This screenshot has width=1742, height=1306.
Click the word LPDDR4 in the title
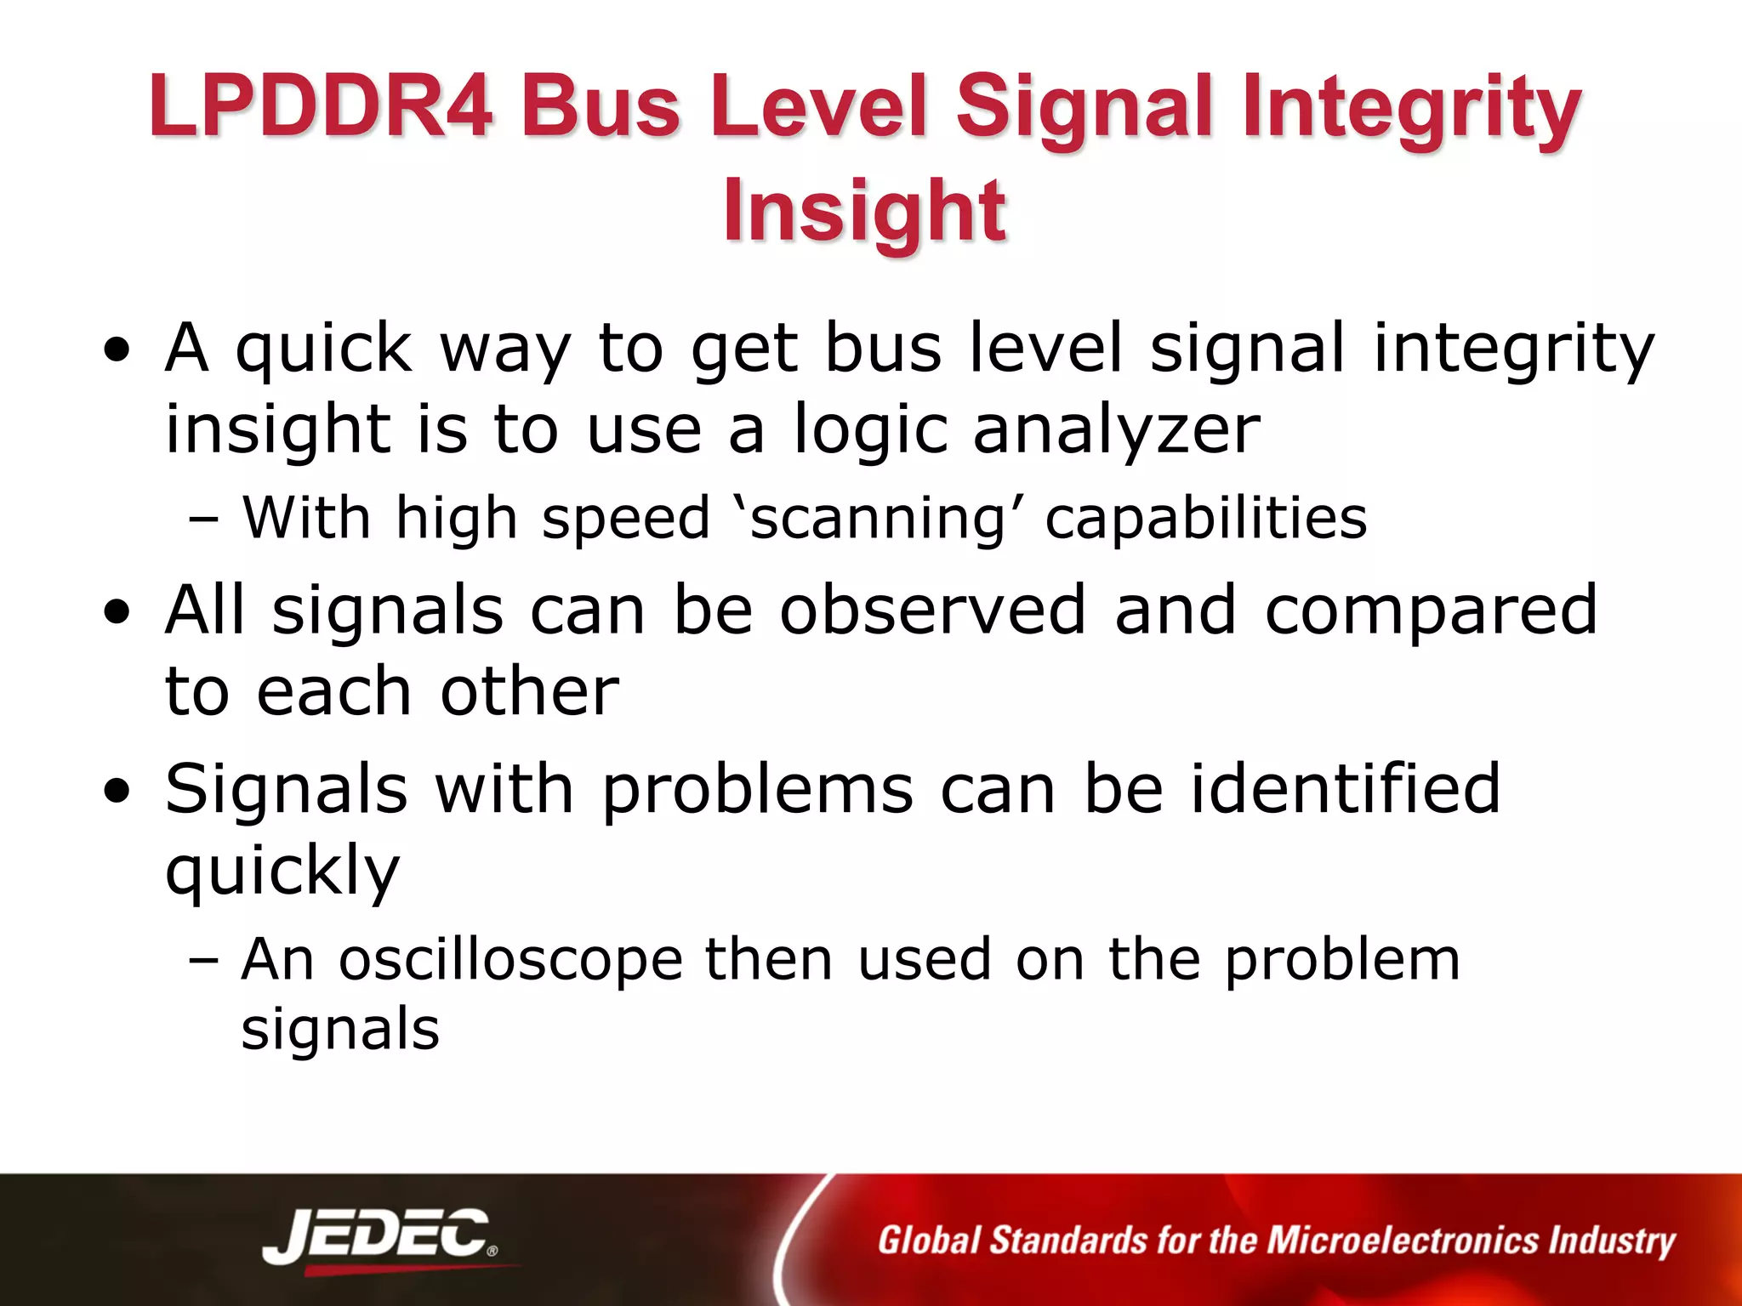point(320,106)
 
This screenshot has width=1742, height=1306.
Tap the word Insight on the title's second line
point(864,210)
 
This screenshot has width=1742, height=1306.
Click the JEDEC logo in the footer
point(379,1237)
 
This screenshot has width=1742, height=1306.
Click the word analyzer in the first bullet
point(1116,429)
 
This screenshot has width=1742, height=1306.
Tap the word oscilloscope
point(510,960)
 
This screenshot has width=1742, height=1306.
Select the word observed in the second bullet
point(932,610)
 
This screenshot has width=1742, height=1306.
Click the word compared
point(1431,610)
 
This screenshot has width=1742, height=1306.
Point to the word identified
point(1345,788)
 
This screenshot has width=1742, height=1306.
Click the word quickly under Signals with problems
point(282,872)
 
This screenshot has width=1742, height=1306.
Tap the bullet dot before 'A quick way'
point(117,349)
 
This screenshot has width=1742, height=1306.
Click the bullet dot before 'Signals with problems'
point(117,792)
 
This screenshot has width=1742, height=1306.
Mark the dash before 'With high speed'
point(204,520)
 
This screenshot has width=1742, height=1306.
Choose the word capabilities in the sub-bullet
point(1205,518)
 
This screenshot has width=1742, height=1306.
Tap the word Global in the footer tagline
point(930,1241)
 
